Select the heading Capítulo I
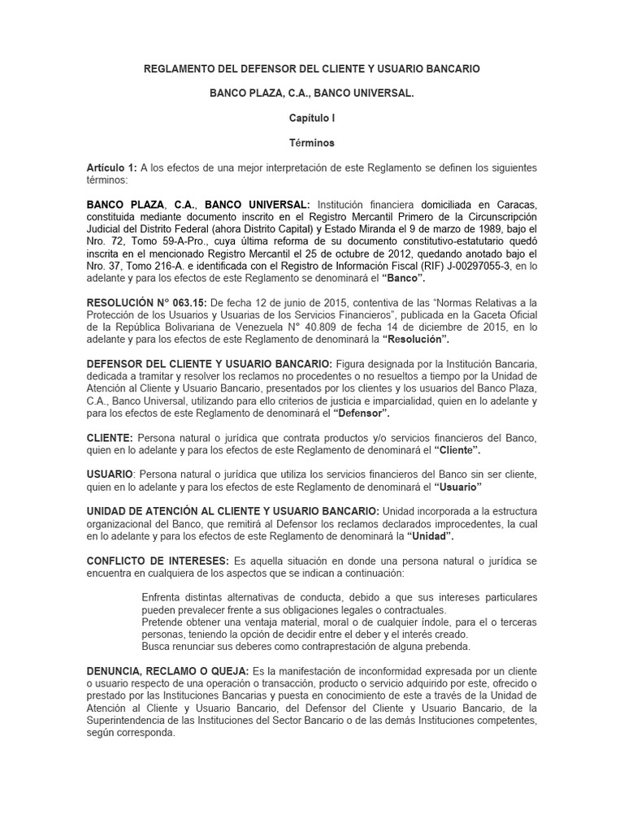click(312, 118)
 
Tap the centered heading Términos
click(312, 142)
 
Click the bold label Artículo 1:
click(111, 167)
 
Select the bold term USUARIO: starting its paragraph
click(111, 474)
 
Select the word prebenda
click(446, 646)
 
